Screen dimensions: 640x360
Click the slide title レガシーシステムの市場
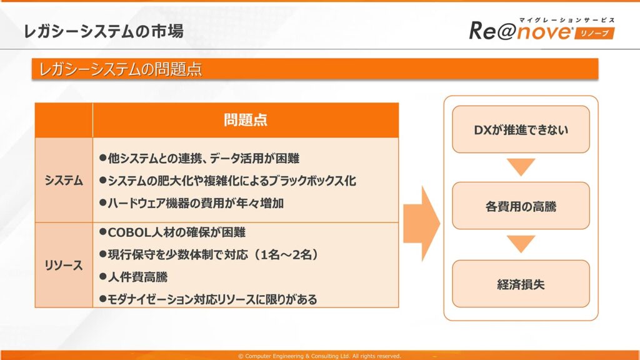[x=104, y=31]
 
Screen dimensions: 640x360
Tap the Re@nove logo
[x=542, y=29]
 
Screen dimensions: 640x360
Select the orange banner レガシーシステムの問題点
[x=315, y=69]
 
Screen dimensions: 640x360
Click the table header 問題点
[x=245, y=120]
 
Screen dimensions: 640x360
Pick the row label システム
[x=64, y=181]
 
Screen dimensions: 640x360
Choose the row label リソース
[x=64, y=265]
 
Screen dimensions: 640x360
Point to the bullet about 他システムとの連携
[x=199, y=158]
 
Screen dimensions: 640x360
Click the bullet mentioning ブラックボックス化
[x=227, y=181]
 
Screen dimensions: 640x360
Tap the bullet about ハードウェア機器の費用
[x=191, y=203]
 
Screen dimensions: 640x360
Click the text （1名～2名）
[x=286, y=255]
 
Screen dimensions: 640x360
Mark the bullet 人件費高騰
[x=134, y=277]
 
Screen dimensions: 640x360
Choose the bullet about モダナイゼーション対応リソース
[x=208, y=299]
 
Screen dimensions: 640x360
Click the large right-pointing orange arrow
[x=422, y=224]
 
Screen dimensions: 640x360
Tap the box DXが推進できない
[x=521, y=129]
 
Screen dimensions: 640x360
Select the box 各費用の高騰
[x=521, y=206]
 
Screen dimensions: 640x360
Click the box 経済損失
[x=521, y=284]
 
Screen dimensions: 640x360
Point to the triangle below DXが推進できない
[x=521, y=166]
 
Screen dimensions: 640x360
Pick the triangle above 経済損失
[x=521, y=243]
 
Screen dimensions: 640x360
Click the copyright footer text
[x=319, y=356]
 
